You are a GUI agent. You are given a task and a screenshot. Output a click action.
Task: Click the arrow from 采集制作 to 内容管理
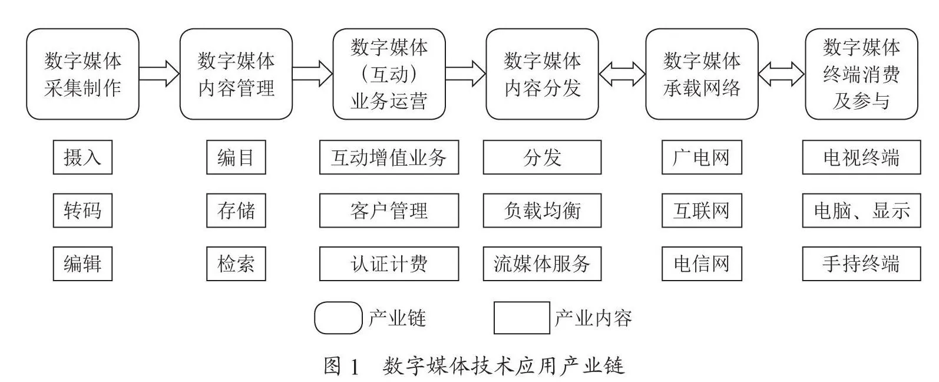tap(159, 74)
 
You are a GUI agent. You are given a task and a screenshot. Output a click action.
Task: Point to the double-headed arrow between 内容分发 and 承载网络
tap(622, 74)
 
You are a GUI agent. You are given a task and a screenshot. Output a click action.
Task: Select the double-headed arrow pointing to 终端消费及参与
tap(782, 74)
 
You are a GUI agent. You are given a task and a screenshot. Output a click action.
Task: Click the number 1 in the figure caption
tap(354, 367)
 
